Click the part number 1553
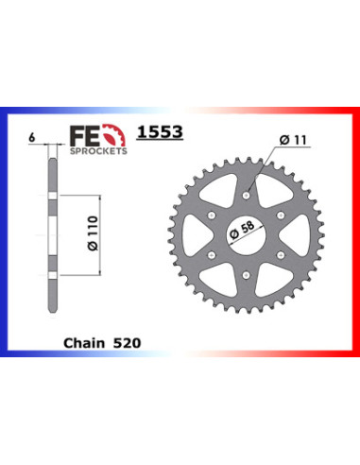[160, 132]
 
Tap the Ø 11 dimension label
[293, 140]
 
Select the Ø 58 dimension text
[242, 230]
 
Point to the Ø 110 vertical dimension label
[94, 233]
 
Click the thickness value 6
[31, 138]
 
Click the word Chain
[84, 343]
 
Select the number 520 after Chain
[127, 343]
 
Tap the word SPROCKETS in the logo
[98, 151]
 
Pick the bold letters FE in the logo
[85, 136]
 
